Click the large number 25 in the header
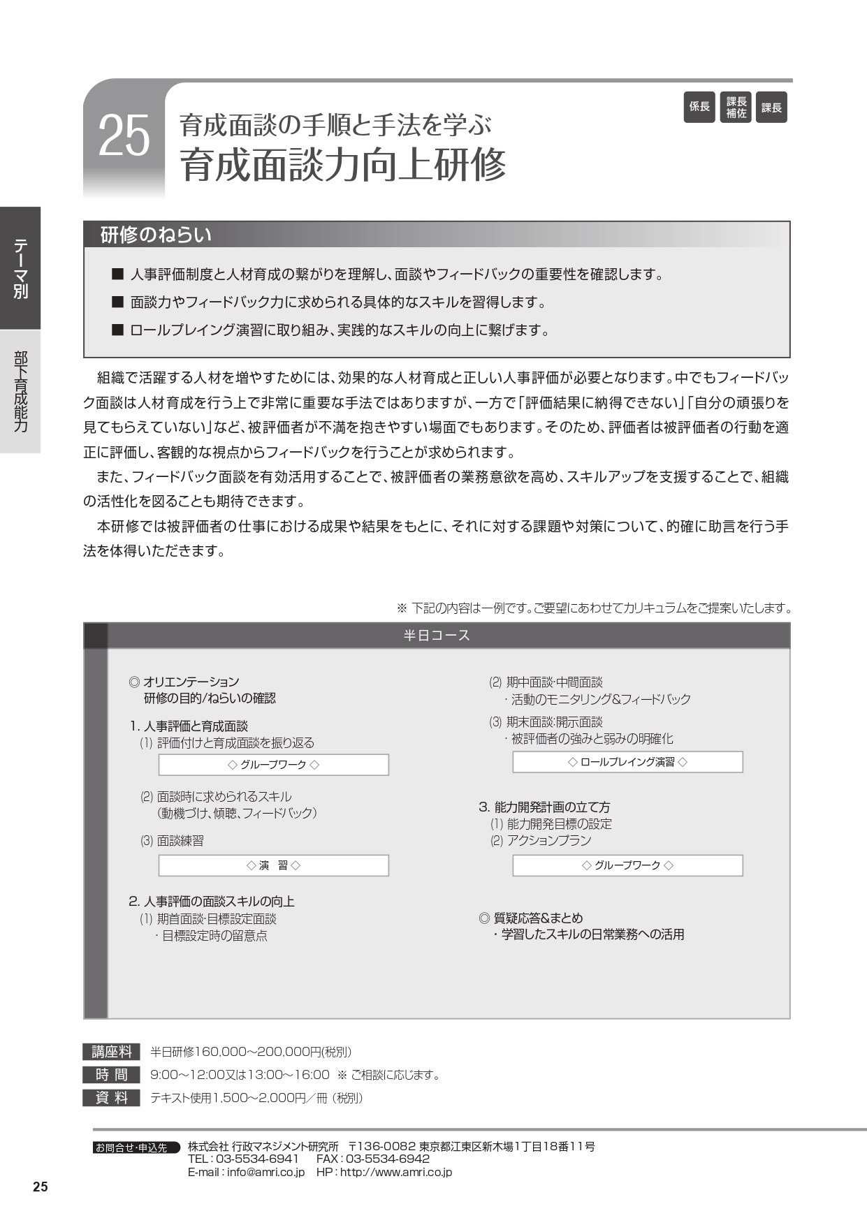[x=124, y=136]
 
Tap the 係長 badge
[x=699, y=108]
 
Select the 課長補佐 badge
[x=736, y=108]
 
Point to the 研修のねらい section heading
[x=156, y=235]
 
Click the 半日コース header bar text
[x=437, y=636]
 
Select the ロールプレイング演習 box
[x=627, y=762]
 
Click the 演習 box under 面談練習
[x=273, y=865]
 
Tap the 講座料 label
[x=112, y=1052]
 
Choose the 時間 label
[x=112, y=1075]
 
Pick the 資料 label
[x=112, y=1098]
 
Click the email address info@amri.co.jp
[x=265, y=1172]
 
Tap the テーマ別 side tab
[x=20, y=268]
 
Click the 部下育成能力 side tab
[x=20, y=391]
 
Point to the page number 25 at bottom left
[x=41, y=1187]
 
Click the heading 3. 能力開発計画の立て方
[x=544, y=807]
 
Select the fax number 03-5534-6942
[x=387, y=1159]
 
